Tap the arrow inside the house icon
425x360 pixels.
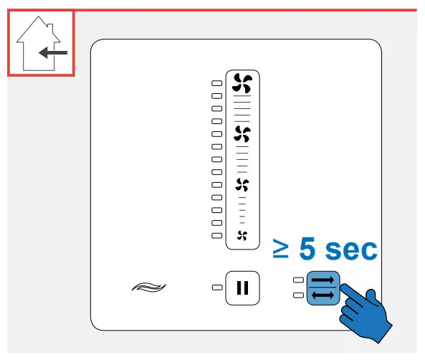[52, 52]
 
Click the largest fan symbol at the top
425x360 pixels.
[242, 84]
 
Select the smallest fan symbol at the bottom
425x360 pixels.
[242, 235]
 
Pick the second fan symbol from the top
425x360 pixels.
[242, 133]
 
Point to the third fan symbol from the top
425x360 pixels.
[242, 184]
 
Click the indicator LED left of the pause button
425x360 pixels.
[216, 288]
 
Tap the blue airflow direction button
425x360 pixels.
[322, 288]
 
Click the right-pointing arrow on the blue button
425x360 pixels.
[322, 280]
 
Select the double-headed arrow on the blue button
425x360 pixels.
[322, 295]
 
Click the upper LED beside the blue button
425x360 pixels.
[297, 280]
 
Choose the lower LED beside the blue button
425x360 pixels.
[297, 295]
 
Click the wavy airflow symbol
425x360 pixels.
[148, 288]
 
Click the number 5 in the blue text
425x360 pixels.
[307, 250]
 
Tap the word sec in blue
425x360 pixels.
[350, 250]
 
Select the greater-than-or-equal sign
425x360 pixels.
[282, 250]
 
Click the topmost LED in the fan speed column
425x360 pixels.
[216, 83]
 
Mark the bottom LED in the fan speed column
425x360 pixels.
[216, 235]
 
